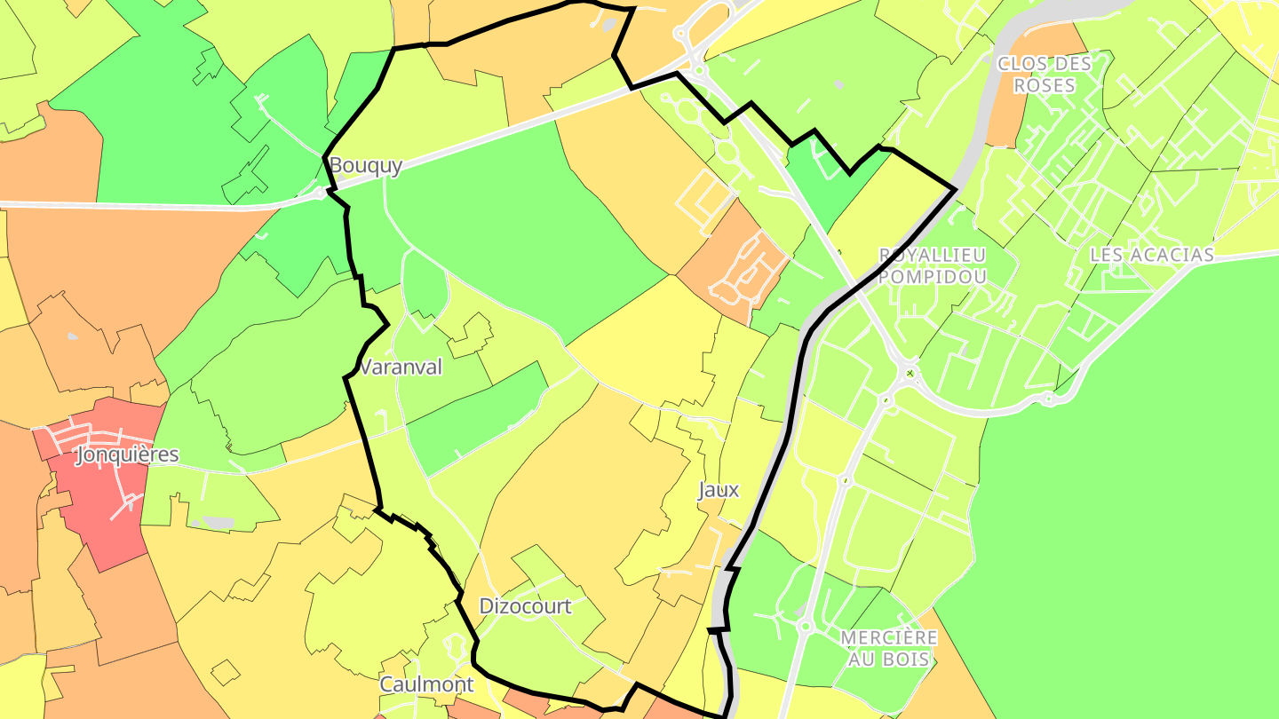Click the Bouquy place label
(366, 166)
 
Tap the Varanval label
(401, 367)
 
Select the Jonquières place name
(127, 455)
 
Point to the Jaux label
(719, 490)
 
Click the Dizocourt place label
(525, 606)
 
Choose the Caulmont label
(426, 684)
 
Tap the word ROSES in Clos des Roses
(1045, 86)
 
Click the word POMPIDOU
(933, 277)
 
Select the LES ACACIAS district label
(1151, 256)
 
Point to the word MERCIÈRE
(889, 638)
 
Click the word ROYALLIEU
(933, 255)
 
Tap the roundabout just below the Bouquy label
(320, 192)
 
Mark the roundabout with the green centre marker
(910, 374)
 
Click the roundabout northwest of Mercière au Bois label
(806, 626)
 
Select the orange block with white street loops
(737, 257)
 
